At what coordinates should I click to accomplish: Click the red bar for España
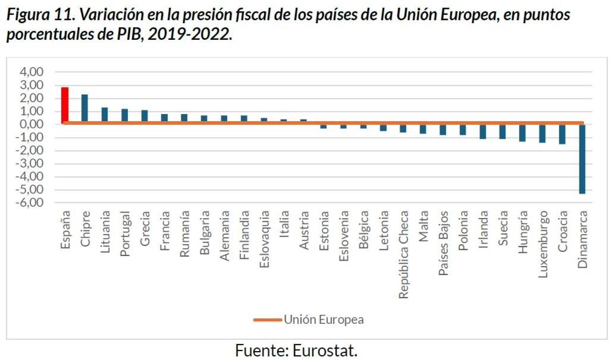point(65,105)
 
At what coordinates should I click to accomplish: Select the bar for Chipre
point(85,108)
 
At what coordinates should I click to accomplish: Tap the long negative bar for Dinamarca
point(582,159)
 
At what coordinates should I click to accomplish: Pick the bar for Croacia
point(562,134)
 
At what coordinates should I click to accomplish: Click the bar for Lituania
point(105,114)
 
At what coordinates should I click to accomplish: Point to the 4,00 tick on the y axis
point(32,72)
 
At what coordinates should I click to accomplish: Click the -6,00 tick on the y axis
point(30,203)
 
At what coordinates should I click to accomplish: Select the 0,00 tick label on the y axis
point(32,124)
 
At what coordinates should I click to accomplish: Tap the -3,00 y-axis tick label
point(30,164)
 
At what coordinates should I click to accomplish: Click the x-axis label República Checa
point(404,255)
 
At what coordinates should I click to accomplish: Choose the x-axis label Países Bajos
point(443,243)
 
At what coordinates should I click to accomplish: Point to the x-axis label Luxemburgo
point(543,244)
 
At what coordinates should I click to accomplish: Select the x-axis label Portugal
point(125,234)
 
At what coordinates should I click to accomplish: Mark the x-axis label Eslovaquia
point(264,239)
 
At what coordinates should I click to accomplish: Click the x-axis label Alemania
point(224,236)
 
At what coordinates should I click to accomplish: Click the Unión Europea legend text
point(324,319)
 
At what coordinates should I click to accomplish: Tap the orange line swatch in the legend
point(267,320)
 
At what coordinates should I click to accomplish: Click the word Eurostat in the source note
point(325,350)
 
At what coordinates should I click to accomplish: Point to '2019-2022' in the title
point(189,34)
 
